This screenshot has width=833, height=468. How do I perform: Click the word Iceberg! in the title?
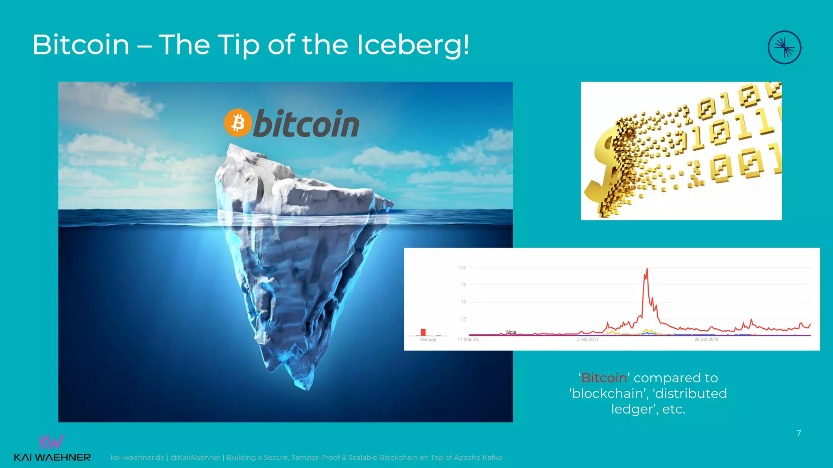413,45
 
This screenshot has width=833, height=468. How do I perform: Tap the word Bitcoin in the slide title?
81,45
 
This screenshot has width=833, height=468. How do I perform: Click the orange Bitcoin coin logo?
238,122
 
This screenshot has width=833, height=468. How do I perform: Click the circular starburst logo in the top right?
784,48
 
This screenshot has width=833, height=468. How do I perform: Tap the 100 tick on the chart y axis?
462,268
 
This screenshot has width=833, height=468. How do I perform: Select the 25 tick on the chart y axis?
463,319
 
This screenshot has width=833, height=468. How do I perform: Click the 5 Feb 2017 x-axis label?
587,339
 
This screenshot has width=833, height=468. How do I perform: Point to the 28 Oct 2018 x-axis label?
706,339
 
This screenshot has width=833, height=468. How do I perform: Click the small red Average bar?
423,332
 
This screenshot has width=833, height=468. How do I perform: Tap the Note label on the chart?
511,332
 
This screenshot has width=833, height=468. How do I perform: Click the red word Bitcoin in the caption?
604,378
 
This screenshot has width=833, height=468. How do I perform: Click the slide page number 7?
799,433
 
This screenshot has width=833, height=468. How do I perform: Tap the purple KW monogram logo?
52,442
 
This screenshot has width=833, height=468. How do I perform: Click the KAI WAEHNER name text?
52,457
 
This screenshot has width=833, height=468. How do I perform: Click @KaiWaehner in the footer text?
195,457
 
